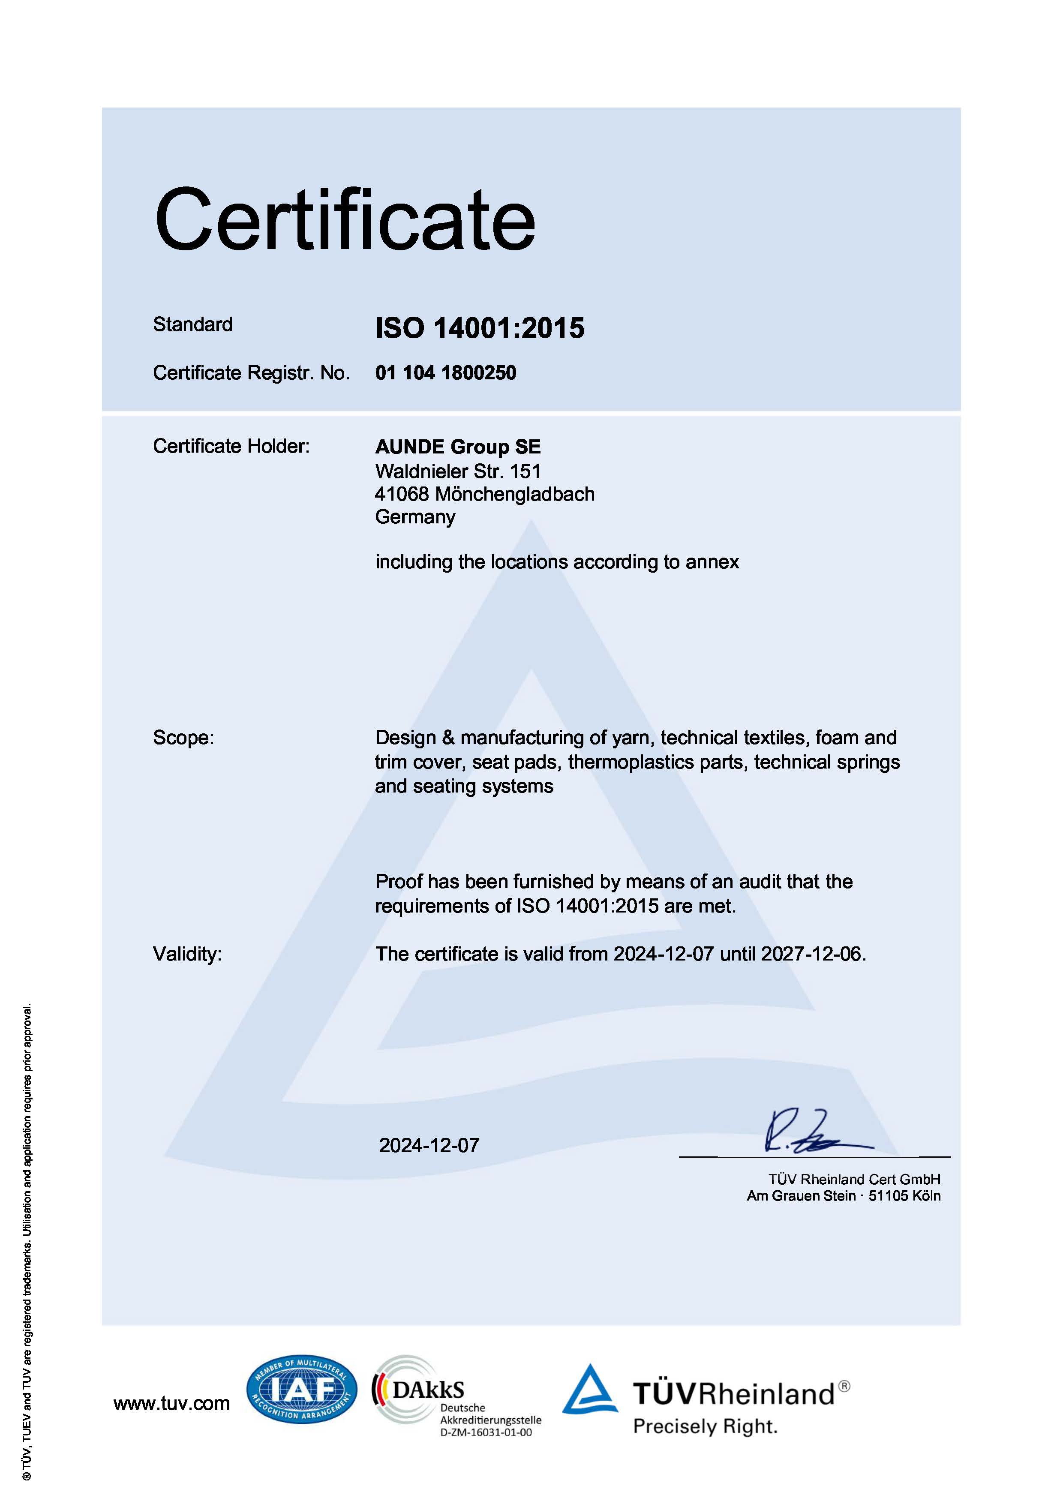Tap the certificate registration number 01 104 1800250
[x=445, y=373]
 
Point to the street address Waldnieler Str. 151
[x=458, y=471]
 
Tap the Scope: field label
[x=183, y=738]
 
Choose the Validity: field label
[x=187, y=955]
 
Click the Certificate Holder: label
[x=231, y=446]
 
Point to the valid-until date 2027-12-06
[x=811, y=955]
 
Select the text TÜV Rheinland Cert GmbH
[x=854, y=1179]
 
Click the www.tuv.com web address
[x=171, y=1403]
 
